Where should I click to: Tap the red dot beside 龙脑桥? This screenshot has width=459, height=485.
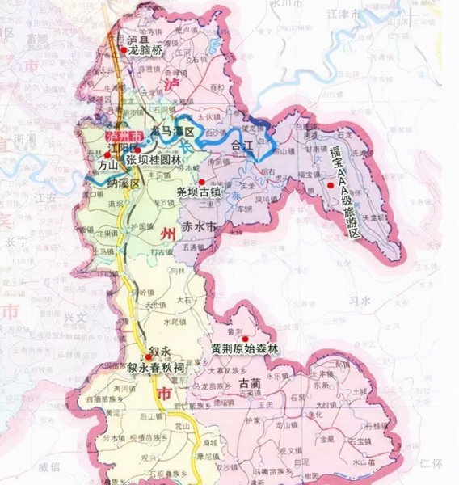pyautogui.click(x=125, y=49)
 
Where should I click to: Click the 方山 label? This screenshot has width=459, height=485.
pyautogui.click(x=108, y=164)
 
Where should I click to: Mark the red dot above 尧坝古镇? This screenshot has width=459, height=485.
pyautogui.click(x=203, y=182)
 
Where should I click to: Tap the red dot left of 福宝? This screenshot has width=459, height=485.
pyautogui.click(x=330, y=187)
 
